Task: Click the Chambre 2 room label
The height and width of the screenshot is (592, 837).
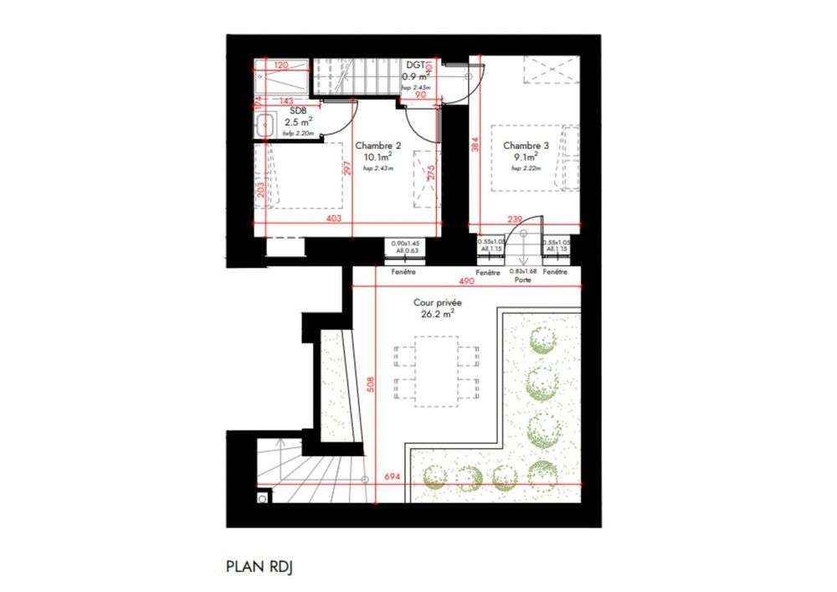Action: coord(382,145)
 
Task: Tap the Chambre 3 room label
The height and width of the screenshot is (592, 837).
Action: coord(521,145)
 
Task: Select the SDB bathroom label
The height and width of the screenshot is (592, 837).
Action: coord(297,111)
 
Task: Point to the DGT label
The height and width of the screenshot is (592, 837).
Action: coord(415,65)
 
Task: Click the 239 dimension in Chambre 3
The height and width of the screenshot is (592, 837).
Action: coord(516,219)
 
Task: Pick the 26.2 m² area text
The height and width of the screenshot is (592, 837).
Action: coord(438,315)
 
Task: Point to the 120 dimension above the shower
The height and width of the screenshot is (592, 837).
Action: coord(281,65)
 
